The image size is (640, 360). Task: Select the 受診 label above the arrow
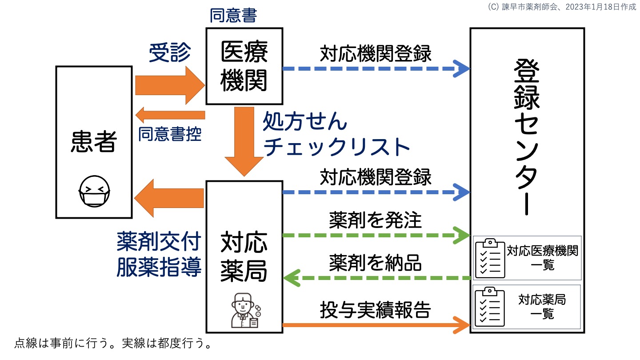coord(169,53)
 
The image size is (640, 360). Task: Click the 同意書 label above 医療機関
coord(233,16)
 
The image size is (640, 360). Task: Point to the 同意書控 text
coord(170,134)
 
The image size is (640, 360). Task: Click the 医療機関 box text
coord(244,67)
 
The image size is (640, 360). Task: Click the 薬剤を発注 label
coord(375,219)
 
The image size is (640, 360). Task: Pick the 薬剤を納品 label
coord(375,263)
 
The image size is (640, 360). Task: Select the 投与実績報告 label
coord(375,310)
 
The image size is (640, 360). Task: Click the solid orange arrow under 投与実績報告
coord(376,325)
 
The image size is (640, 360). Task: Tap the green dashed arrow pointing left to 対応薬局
coord(376,278)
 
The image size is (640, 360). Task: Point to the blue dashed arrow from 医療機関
coord(376,69)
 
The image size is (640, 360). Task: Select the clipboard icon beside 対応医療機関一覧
coord(490,257)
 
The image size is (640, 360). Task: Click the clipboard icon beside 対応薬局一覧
coord(490,307)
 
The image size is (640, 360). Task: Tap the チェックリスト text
coord(336,148)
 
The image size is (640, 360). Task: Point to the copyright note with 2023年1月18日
coord(561,7)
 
